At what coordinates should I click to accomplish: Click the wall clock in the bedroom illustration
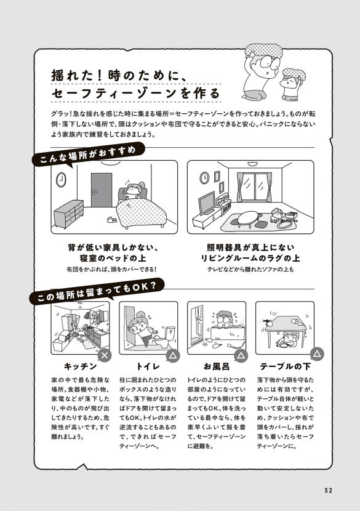click(x=62, y=179)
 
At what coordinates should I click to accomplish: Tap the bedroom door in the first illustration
click(x=101, y=190)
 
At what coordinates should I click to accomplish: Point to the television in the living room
click(x=207, y=202)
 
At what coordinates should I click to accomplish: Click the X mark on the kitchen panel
click(x=105, y=355)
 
